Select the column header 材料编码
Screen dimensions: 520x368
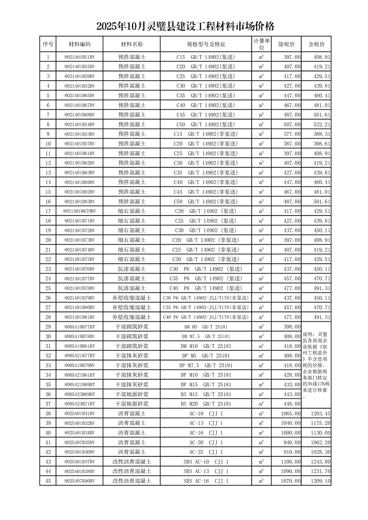pyautogui.click(x=79, y=44)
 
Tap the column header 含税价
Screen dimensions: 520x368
pyautogui.click(x=316, y=44)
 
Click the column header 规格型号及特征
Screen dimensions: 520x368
pyautogui.click(x=206, y=44)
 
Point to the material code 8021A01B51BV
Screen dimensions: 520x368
pyautogui.click(x=79, y=57)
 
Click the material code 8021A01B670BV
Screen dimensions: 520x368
pyautogui.click(x=79, y=211)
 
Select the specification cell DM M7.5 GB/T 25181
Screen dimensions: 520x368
pyautogui.click(x=206, y=336)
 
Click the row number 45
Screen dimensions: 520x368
pyautogui.click(x=48, y=481)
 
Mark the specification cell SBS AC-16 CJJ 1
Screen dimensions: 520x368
pyautogui.click(x=206, y=481)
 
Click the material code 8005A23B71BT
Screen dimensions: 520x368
pyautogui.click(x=79, y=404)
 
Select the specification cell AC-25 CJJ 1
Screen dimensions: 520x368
pyautogui.click(x=206, y=452)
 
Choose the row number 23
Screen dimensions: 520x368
pyautogui.click(x=48, y=269)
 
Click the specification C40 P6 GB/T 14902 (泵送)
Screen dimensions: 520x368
pyautogui.click(x=206, y=288)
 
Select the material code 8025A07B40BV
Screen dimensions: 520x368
pyautogui.click(x=79, y=481)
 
